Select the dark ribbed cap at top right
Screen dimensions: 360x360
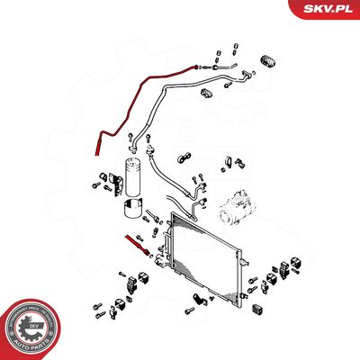267,59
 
